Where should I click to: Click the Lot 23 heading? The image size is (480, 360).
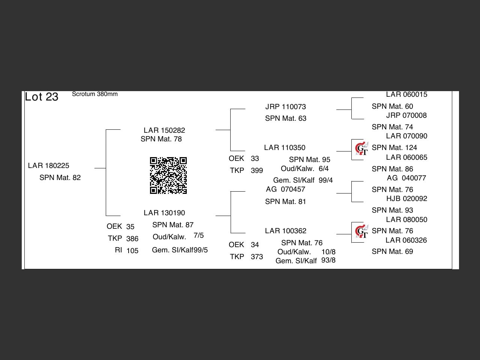[x=42, y=97]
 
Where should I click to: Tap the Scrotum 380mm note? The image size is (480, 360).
[x=94, y=94]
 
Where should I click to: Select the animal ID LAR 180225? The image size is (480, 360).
[x=49, y=166]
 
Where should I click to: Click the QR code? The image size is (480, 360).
[x=168, y=175]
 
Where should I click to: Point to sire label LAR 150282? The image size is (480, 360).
[x=164, y=130]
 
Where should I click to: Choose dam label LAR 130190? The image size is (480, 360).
[x=164, y=213]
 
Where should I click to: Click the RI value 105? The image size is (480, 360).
[x=132, y=250]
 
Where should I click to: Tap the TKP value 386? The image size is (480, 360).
[x=132, y=238]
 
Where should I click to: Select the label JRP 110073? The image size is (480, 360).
[x=285, y=107]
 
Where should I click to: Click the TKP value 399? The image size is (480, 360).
[x=257, y=171]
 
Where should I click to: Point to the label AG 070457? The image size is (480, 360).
[x=285, y=189]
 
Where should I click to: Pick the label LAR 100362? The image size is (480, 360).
[x=285, y=231]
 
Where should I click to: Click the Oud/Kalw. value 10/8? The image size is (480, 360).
[x=328, y=252]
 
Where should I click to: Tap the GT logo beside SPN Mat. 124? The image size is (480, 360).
[x=361, y=149]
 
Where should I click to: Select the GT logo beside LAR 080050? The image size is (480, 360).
[x=361, y=232]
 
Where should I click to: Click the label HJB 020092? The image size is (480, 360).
[x=406, y=199]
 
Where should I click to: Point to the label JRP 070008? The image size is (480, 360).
[x=406, y=115]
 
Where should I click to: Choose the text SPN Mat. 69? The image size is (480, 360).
[x=392, y=252]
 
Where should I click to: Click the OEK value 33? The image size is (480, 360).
[x=255, y=159]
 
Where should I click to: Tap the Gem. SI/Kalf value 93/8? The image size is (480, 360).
[x=328, y=260]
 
